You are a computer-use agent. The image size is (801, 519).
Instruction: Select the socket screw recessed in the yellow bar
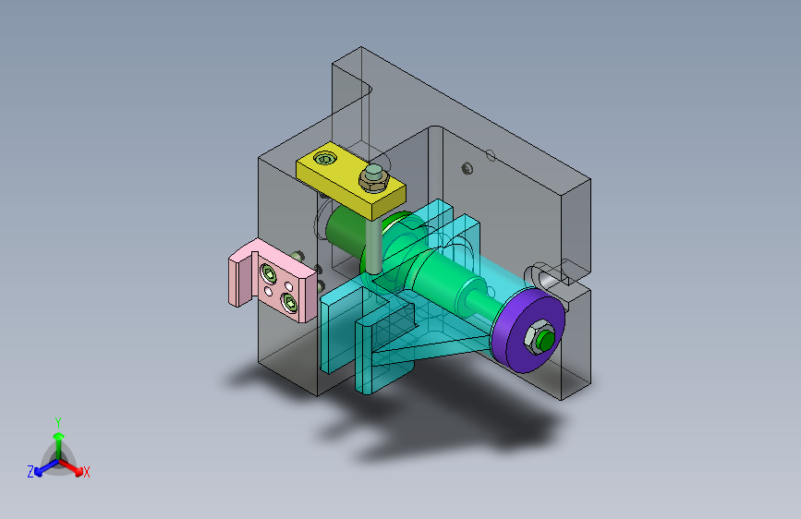[x=325, y=159]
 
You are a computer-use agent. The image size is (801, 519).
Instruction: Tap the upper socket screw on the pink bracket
[x=268, y=275]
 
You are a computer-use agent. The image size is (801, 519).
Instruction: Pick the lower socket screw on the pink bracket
[x=290, y=302]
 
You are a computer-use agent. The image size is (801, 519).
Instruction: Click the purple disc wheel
[x=528, y=330]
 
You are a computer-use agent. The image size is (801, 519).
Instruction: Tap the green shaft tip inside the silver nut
[x=546, y=339]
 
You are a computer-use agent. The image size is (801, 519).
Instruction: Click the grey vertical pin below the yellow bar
[x=373, y=244]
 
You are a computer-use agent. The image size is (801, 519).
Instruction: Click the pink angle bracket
[x=273, y=280]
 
